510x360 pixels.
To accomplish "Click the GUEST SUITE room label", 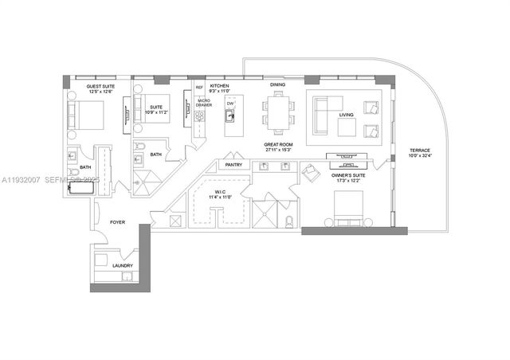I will click(100, 85).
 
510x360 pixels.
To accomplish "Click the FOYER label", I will click(118, 223).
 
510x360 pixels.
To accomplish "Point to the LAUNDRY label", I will click(123, 265).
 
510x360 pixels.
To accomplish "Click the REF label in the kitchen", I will click(199, 87).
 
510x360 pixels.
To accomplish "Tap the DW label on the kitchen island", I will click(230, 104).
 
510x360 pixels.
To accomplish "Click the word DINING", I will click(277, 84).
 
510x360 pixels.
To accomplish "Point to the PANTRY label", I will click(233, 165).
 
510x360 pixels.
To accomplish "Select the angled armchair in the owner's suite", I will click(309, 171).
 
